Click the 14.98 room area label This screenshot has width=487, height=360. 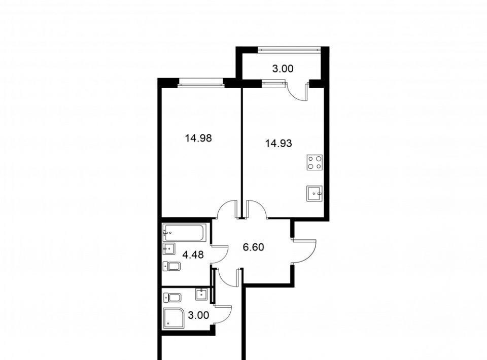[198, 138]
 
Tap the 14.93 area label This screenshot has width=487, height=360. [279, 143]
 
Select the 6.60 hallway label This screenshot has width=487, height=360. [253, 247]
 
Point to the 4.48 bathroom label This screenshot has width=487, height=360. [193, 255]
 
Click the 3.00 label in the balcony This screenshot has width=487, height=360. [283, 68]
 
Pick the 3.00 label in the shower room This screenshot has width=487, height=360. [198, 315]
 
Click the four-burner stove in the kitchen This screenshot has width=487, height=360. [315, 162]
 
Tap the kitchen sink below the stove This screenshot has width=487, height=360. [315, 193]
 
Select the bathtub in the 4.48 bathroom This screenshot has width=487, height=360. [184, 232]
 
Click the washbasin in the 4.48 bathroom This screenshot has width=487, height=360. [168, 248]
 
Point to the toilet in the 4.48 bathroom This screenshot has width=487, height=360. [172, 266]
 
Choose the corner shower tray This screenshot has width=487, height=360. [174, 318]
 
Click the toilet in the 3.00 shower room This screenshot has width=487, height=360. [172, 298]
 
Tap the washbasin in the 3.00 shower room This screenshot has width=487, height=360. [201, 294]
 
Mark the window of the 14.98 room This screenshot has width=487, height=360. [201, 82]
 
